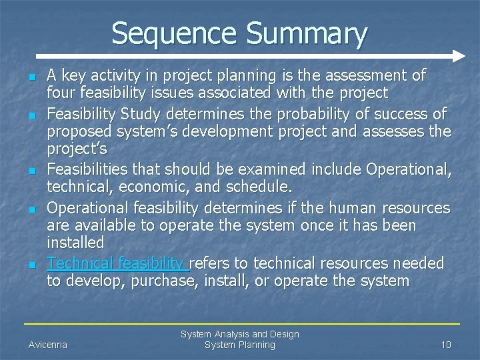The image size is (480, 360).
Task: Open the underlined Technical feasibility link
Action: (x=117, y=263)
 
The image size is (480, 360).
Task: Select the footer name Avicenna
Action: (x=47, y=345)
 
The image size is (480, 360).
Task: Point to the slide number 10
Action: (x=446, y=345)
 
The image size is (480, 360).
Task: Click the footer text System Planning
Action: (x=239, y=345)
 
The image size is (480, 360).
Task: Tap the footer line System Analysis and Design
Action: (x=239, y=333)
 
